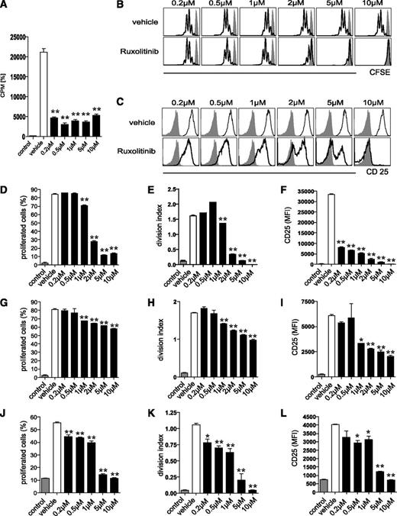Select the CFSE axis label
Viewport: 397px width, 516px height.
[x=377, y=75]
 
